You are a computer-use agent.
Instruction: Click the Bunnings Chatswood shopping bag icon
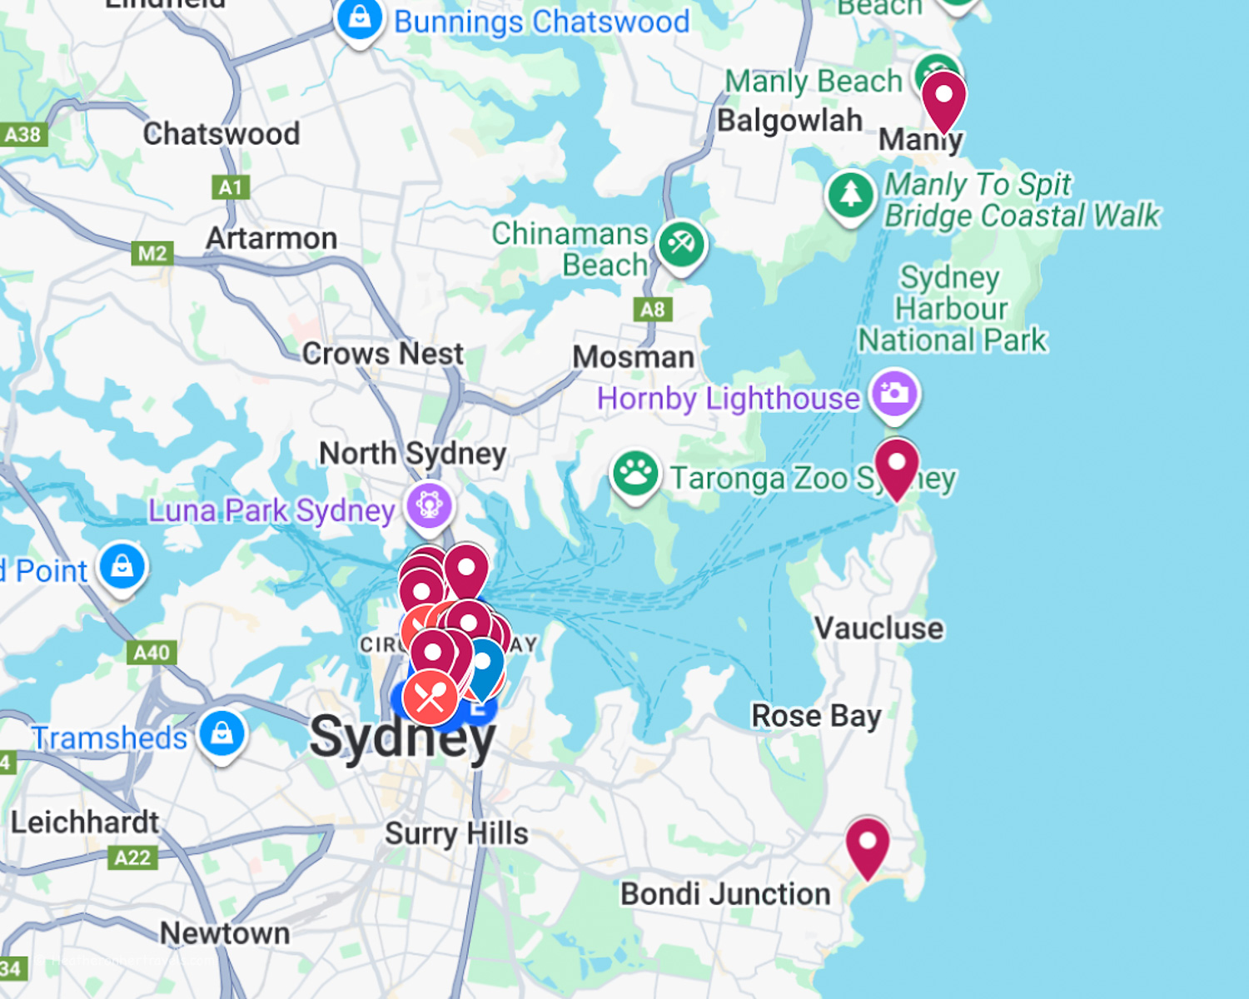click(359, 18)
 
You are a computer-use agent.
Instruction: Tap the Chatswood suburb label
click(221, 133)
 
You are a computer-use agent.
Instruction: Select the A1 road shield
click(231, 187)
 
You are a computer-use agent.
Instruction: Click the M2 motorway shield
click(152, 253)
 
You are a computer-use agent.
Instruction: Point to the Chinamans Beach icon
click(681, 245)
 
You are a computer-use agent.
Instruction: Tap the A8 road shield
click(653, 310)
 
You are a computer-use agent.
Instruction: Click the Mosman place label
click(633, 357)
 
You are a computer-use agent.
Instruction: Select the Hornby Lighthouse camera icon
click(894, 393)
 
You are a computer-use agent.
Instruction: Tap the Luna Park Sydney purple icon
click(430, 505)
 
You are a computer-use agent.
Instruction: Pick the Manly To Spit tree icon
click(850, 195)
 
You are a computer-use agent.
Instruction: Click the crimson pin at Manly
click(943, 97)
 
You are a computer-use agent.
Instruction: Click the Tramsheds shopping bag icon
click(222, 733)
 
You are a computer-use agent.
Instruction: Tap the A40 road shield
click(152, 652)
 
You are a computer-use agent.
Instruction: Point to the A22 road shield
click(132, 857)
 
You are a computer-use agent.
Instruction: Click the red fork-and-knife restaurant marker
click(430, 698)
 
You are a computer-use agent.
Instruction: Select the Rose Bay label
click(816, 716)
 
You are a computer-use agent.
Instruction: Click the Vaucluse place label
click(878, 629)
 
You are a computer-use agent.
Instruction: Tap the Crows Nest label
click(382, 354)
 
